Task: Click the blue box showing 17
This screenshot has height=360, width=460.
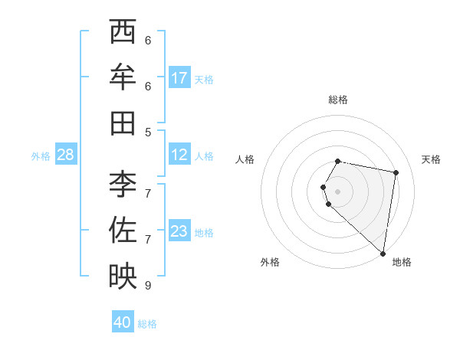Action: [179, 78]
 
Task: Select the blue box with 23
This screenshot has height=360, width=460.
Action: [179, 232]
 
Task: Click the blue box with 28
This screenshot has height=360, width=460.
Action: [66, 155]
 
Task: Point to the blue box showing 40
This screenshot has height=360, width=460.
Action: [123, 322]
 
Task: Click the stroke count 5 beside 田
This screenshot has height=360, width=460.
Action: [148, 132]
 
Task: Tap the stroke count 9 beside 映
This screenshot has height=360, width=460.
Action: [148, 285]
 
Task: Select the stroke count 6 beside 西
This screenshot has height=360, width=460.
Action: [148, 40]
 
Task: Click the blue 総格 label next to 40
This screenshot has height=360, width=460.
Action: [147, 324]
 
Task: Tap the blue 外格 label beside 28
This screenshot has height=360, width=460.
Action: [41, 156]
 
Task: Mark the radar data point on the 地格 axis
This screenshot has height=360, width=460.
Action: [383, 253]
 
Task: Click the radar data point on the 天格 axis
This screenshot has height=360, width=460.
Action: [396, 173]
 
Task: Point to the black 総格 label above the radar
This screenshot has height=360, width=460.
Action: [338, 100]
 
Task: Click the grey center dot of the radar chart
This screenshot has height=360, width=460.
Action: [338, 191]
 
